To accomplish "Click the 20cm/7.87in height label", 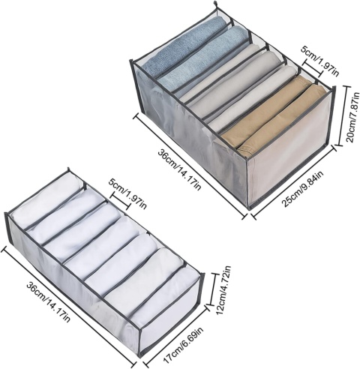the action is [352, 117].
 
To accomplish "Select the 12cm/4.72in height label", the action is [224, 289].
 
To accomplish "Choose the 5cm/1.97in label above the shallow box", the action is [127, 193].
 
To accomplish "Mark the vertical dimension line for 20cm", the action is [340, 115].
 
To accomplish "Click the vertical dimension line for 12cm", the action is [211, 289].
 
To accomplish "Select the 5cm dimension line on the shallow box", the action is [121, 200].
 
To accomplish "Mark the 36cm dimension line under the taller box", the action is [190, 166].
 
